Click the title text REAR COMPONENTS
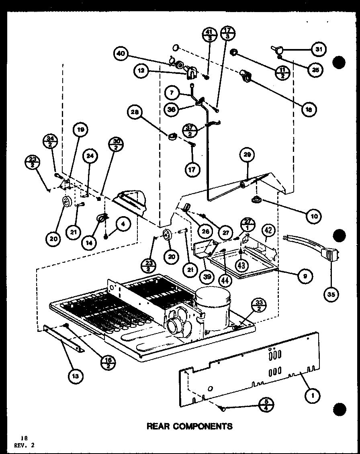[x=189, y=426]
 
